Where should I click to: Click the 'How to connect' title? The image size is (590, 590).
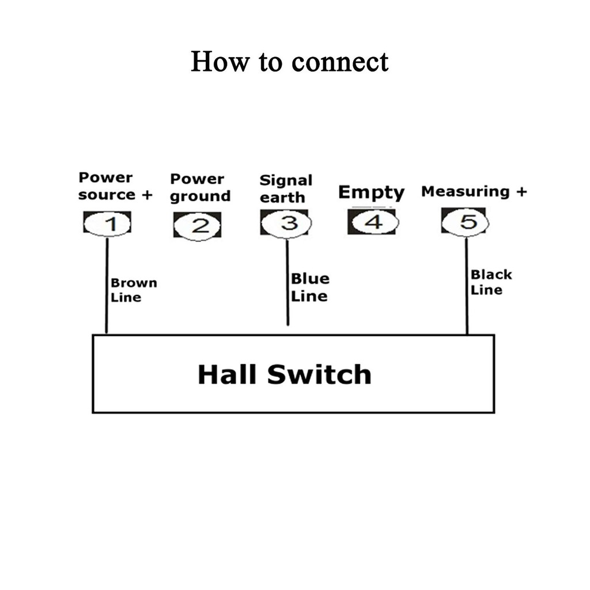pyautogui.click(x=289, y=62)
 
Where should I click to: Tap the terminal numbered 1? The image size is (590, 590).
pyautogui.click(x=108, y=224)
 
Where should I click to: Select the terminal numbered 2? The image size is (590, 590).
pyautogui.click(x=198, y=225)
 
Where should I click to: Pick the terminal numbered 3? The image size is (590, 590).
pyautogui.click(x=286, y=223)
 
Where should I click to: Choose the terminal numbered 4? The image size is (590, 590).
pyautogui.click(x=373, y=222)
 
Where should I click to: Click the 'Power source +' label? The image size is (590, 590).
pyautogui.click(x=115, y=186)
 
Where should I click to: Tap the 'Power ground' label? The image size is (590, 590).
pyautogui.click(x=200, y=188)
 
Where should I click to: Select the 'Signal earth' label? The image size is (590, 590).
pyautogui.click(x=286, y=188)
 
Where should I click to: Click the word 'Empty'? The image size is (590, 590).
pyautogui.click(x=371, y=192)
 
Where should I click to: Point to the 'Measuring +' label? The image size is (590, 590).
pyautogui.click(x=474, y=192)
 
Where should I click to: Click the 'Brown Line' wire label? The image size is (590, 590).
pyautogui.click(x=133, y=290)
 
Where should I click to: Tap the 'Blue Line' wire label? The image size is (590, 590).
pyautogui.click(x=310, y=287)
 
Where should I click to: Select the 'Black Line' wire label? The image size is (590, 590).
pyautogui.click(x=490, y=282)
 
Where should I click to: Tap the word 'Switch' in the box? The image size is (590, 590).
pyautogui.click(x=319, y=375)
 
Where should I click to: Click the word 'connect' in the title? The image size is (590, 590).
pyautogui.click(x=340, y=62)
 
